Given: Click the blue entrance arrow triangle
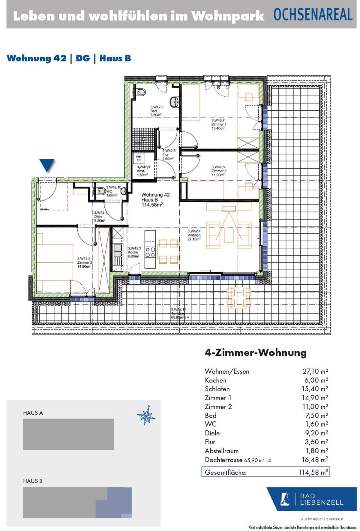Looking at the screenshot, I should pyautogui.click(x=47, y=165).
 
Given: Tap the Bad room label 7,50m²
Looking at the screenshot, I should pyautogui.click(x=156, y=111).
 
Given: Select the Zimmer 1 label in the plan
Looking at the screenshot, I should pyautogui.click(x=218, y=124).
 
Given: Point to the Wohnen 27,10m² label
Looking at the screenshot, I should pyautogui.click(x=194, y=235).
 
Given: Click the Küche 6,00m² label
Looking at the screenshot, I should pyautogui.click(x=134, y=252).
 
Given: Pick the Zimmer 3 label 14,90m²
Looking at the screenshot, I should pyautogui.click(x=84, y=262).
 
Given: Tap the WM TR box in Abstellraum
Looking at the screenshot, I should pyautogui.click(x=139, y=158).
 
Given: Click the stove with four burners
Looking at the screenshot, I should pyautogui.click(x=150, y=252).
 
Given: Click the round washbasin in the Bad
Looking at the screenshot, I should pyautogui.click(x=174, y=102).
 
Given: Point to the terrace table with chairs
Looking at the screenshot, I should pyautogui.click(x=238, y=297).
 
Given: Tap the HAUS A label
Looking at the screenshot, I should pyautogui.click(x=33, y=413).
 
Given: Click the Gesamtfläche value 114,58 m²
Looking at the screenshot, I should pyautogui.click(x=313, y=472).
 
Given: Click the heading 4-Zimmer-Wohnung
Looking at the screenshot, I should pyautogui.click(x=256, y=352).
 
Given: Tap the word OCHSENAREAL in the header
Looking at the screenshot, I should pyautogui.click(x=313, y=15).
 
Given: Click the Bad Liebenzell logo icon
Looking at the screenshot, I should pyautogui.click(x=285, y=499).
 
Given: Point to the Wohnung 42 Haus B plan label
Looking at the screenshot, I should pyautogui.click(x=155, y=199).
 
